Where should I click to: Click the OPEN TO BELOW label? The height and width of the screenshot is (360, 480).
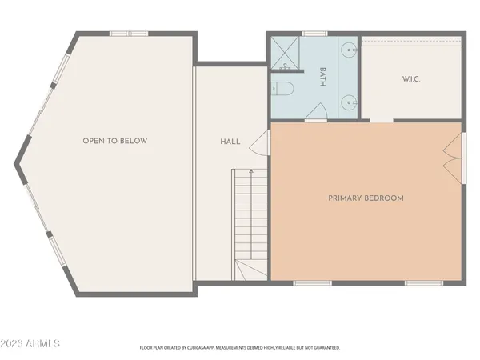114,141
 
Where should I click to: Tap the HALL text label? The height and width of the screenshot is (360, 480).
230,142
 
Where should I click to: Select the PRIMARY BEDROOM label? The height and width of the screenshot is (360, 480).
366,198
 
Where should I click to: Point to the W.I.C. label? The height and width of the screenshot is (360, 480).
411,79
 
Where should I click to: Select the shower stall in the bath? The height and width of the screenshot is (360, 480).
284,54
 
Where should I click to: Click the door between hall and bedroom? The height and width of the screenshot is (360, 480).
259,145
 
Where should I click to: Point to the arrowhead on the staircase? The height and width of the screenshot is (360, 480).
251,171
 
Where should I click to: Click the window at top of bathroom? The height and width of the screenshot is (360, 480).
314,34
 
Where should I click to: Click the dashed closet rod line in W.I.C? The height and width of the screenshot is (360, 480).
411,43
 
